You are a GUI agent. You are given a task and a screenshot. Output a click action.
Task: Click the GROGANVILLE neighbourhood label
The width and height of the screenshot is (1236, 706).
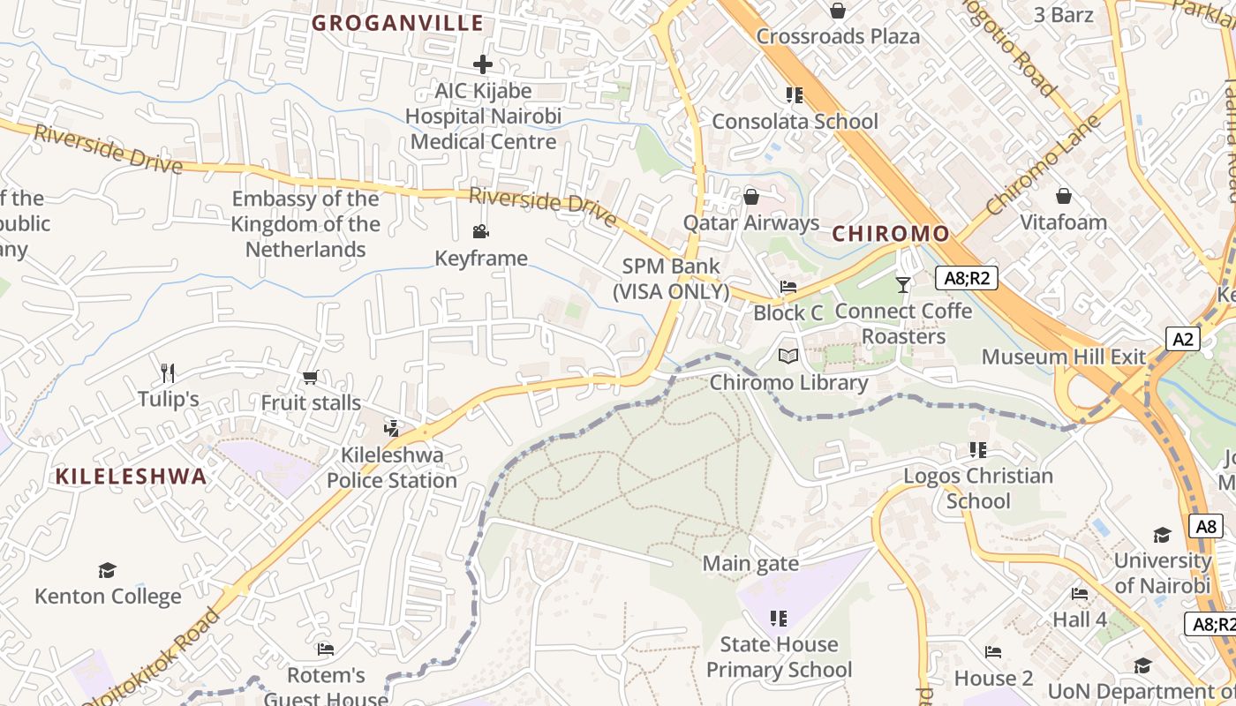(x=397, y=23)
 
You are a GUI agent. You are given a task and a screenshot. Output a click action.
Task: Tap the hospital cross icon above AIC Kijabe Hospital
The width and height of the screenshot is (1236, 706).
(x=482, y=64)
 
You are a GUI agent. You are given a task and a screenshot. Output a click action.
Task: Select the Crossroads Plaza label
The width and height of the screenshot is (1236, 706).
(x=838, y=36)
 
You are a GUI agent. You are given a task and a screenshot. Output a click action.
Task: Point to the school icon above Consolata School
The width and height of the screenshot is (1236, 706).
(x=794, y=94)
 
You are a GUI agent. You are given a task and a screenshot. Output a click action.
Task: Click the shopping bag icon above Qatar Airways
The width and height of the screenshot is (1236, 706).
(x=751, y=196)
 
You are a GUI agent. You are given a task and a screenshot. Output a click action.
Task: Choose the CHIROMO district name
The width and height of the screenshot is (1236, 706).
(x=891, y=234)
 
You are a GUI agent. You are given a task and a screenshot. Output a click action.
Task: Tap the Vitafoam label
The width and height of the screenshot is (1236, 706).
(x=1063, y=222)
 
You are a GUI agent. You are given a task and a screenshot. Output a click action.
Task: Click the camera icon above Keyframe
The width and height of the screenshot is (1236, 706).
(x=480, y=232)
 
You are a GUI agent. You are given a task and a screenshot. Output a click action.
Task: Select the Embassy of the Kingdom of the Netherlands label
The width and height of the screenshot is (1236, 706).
(x=305, y=224)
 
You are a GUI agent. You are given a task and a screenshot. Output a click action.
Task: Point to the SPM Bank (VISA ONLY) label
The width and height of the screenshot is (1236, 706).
(x=672, y=278)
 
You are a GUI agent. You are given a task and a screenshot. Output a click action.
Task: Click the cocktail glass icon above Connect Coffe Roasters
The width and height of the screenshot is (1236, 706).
(x=902, y=284)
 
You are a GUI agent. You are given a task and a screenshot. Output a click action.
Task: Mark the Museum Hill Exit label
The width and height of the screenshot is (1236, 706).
(x=1063, y=357)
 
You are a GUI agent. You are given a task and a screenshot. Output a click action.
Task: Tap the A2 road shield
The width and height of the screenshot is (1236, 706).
(x=1183, y=339)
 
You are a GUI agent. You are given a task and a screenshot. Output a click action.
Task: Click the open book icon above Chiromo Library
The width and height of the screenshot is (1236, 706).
(x=788, y=357)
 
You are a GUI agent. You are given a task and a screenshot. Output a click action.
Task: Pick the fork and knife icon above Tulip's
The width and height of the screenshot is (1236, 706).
(x=168, y=373)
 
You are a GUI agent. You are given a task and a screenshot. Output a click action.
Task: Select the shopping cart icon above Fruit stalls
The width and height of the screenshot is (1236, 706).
(x=310, y=378)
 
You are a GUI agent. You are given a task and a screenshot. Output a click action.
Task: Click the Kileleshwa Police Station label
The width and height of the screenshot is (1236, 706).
(x=392, y=468)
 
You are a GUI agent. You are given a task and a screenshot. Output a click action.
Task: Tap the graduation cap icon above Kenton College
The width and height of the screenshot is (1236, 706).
(x=107, y=570)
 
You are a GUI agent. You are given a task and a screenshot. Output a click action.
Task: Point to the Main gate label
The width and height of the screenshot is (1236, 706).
(x=750, y=563)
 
